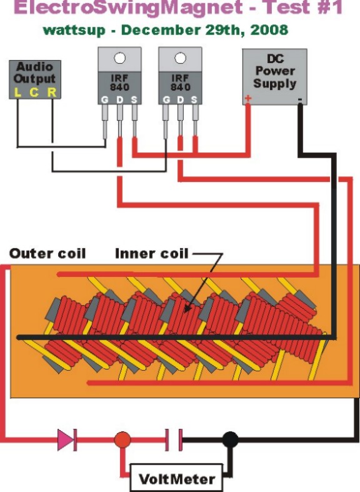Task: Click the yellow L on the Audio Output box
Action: tap(18, 93)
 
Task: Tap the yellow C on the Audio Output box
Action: tap(34, 93)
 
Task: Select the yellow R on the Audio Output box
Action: tap(52, 93)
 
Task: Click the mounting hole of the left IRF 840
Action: tap(119, 58)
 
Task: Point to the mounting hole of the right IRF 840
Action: tap(180, 58)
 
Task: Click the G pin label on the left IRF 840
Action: tap(105, 100)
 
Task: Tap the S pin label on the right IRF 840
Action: tap(194, 100)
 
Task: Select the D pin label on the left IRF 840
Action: tap(120, 100)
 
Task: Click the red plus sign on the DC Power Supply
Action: tap(247, 98)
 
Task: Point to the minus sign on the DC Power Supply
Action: tap(300, 100)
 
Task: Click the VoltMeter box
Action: tap(176, 478)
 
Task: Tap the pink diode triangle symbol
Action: tap(66, 439)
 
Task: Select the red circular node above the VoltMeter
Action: tap(122, 439)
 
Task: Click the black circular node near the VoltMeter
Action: tap(230, 439)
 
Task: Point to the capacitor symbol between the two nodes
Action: tap(174, 439)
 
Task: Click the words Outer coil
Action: tap(47, 254)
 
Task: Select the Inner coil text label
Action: tap(152, 254)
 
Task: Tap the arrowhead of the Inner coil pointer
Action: tap(187, 309)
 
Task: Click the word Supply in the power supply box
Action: tap(275, 84)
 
